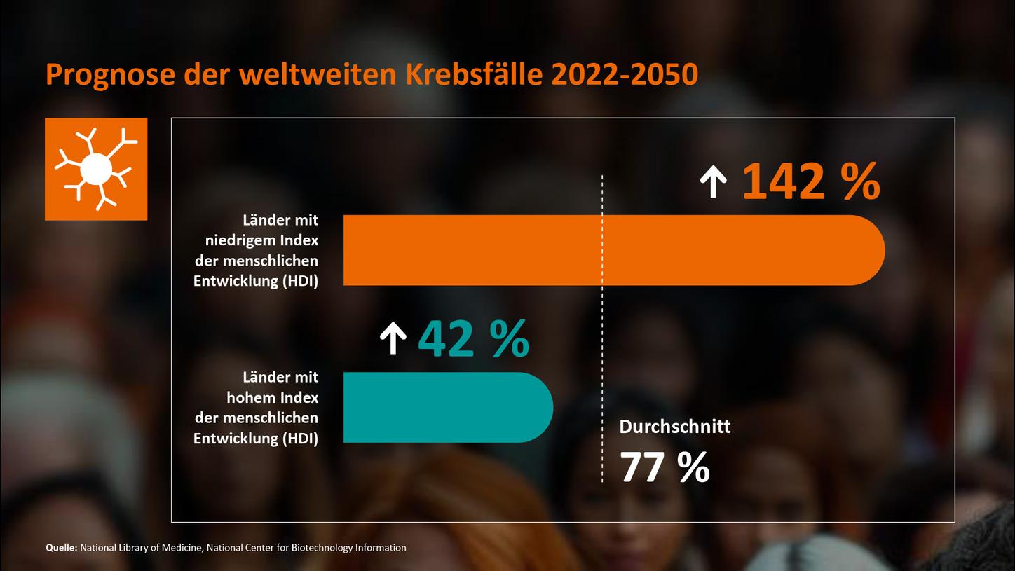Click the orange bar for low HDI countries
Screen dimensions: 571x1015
[613, 250]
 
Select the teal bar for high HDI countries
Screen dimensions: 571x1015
[447, 407]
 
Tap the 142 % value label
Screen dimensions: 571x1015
[810, 182]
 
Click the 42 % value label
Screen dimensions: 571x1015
[473, 340]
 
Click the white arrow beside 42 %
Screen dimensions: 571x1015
[393, 338]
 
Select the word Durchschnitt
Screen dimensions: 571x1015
[674, 426]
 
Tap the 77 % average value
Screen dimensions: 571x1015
[665, 468]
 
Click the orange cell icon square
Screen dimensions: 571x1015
[96, 169]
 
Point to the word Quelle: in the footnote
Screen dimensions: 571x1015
[61, 548]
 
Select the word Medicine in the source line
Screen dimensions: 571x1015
[182, 548]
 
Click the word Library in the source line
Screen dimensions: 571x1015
[134, 548]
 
